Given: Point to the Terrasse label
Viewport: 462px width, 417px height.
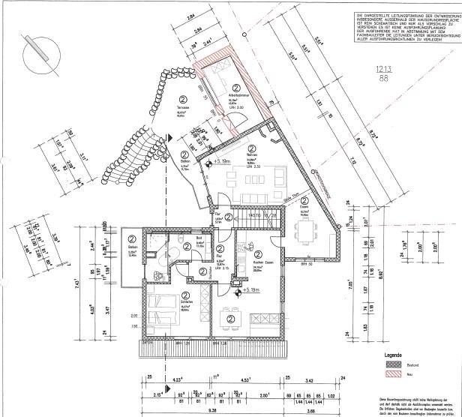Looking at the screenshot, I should click(182, 108).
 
